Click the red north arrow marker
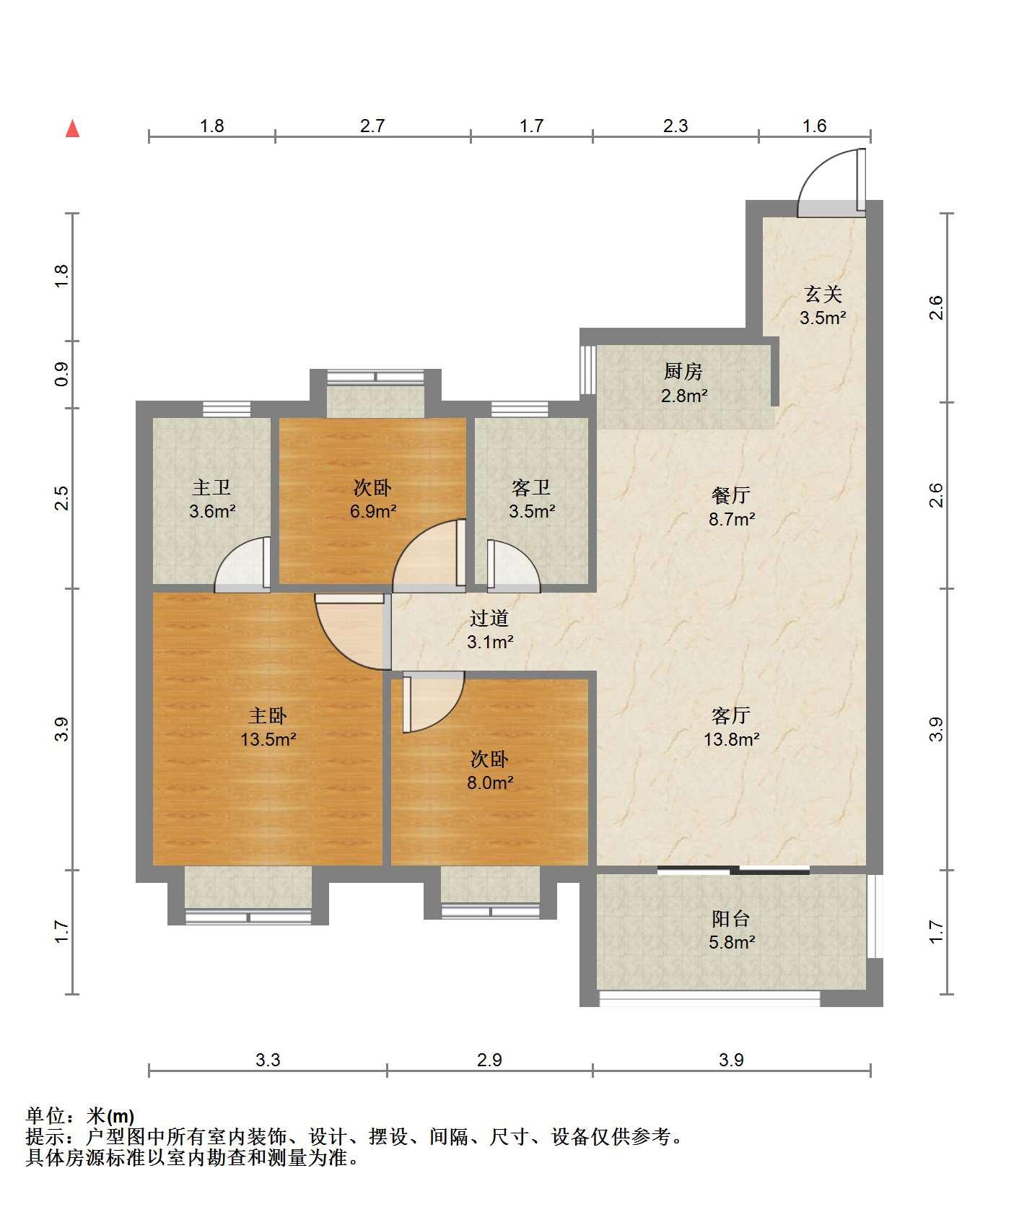click(x=72, y=128)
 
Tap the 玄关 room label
click(x=823, y=295)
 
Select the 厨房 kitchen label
click(x=683, y=372)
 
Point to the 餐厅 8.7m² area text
click(x=731, y=519)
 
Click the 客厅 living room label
click(x=731, y=715)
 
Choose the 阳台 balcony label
click(x=731, y=919)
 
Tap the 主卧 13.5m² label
click(x=268, y=727)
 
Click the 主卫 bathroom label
click(x=211, y=487)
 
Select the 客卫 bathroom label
click(x=531, y=487)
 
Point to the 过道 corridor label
click(x=489, y=618)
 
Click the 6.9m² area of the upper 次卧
click(x=373, y=512)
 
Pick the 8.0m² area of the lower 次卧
click(x=490, y=783)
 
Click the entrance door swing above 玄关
click(x=831, y=183)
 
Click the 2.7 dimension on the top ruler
click(x=372, y=126)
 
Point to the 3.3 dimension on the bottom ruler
click(x=268, y=1060)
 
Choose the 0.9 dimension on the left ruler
click(x=62, y=374)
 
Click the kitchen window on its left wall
click(x=587, y=370)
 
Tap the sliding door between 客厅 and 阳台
click(x=733, y=870)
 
